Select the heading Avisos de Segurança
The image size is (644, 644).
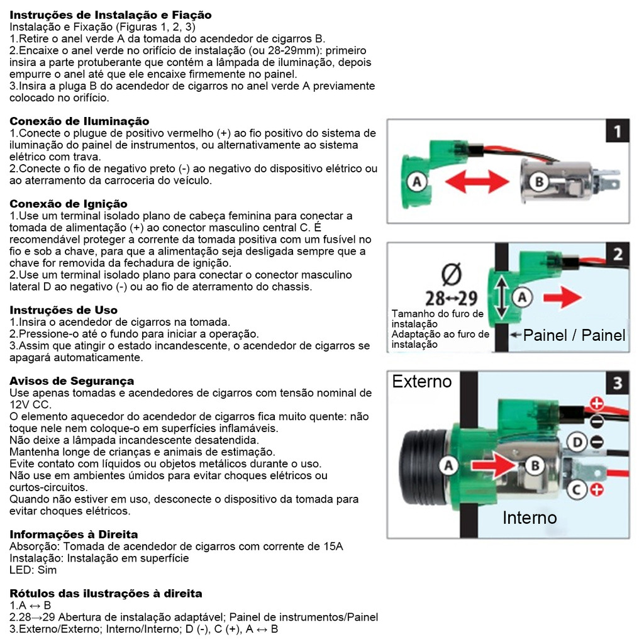72,381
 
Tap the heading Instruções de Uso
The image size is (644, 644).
64,310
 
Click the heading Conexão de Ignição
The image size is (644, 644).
69,204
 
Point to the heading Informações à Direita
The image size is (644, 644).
74,535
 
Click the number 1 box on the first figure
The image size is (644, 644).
617,131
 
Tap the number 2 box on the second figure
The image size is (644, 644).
617,254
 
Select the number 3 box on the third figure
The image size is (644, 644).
617,383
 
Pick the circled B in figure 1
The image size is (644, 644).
538,182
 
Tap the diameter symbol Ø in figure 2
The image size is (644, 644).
452,275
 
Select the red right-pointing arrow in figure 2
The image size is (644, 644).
562,297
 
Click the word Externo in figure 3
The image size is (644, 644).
421,382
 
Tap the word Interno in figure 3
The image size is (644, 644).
529,518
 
